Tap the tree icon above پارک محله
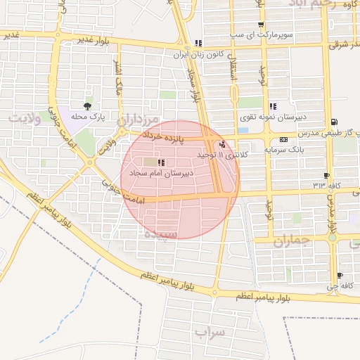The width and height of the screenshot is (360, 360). pos(87,107)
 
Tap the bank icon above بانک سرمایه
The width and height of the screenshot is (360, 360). pos(284,139)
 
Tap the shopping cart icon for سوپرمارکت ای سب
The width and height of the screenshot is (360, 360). pos(199,42)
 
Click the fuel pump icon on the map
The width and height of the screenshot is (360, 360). pos(333,121)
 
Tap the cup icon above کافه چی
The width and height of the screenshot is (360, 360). pos(340,276)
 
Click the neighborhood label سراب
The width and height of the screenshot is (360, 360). pos(208,331)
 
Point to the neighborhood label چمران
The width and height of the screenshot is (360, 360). pos(291,241)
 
